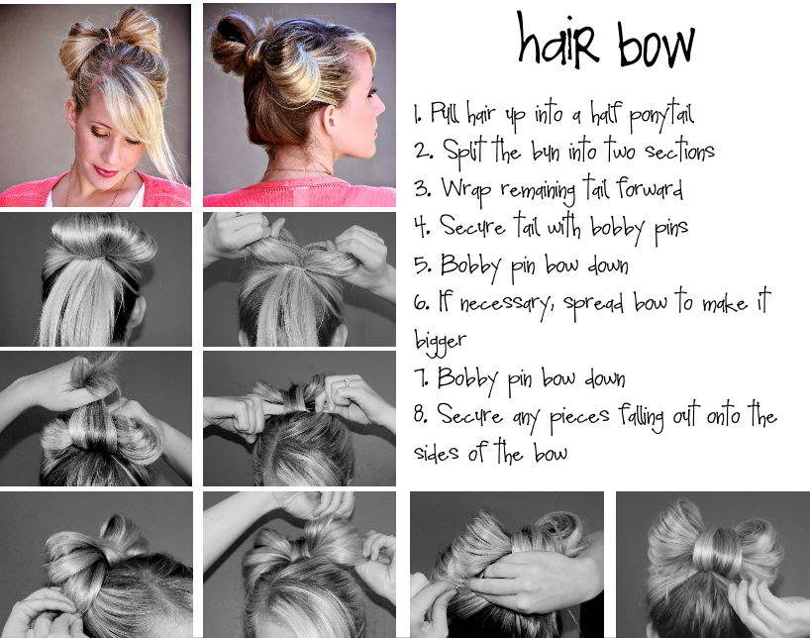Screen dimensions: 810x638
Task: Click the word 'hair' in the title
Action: point(558,42)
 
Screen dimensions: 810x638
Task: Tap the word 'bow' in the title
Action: point(656,44)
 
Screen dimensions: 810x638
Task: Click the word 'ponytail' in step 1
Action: point(661,116)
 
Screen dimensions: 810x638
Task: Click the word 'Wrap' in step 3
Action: point(465,190)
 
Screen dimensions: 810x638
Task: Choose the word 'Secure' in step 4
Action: point(471,228)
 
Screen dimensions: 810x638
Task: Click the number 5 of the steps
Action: point(422,265)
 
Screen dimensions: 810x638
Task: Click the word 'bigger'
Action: point(440,341)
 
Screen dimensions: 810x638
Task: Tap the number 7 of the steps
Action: point(421,377)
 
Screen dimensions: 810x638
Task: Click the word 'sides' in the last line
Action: point(437,452)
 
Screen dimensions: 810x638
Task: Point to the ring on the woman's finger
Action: point(348,382)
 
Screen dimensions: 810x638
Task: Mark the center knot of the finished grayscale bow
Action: point(714,554)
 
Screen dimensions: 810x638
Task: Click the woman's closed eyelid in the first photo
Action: point(98,134)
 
